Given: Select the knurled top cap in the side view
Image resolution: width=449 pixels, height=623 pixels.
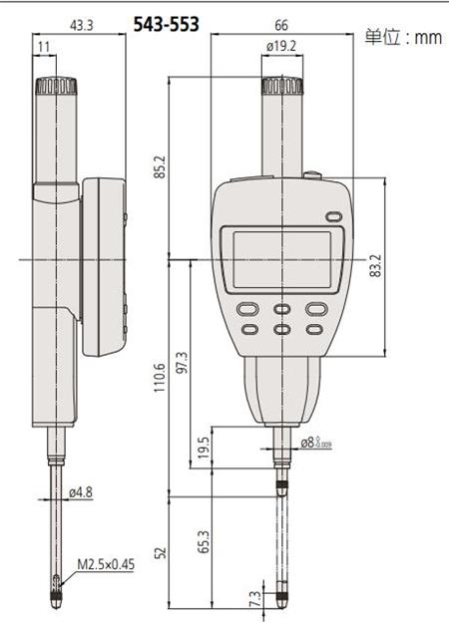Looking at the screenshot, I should (x=56, y=88).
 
